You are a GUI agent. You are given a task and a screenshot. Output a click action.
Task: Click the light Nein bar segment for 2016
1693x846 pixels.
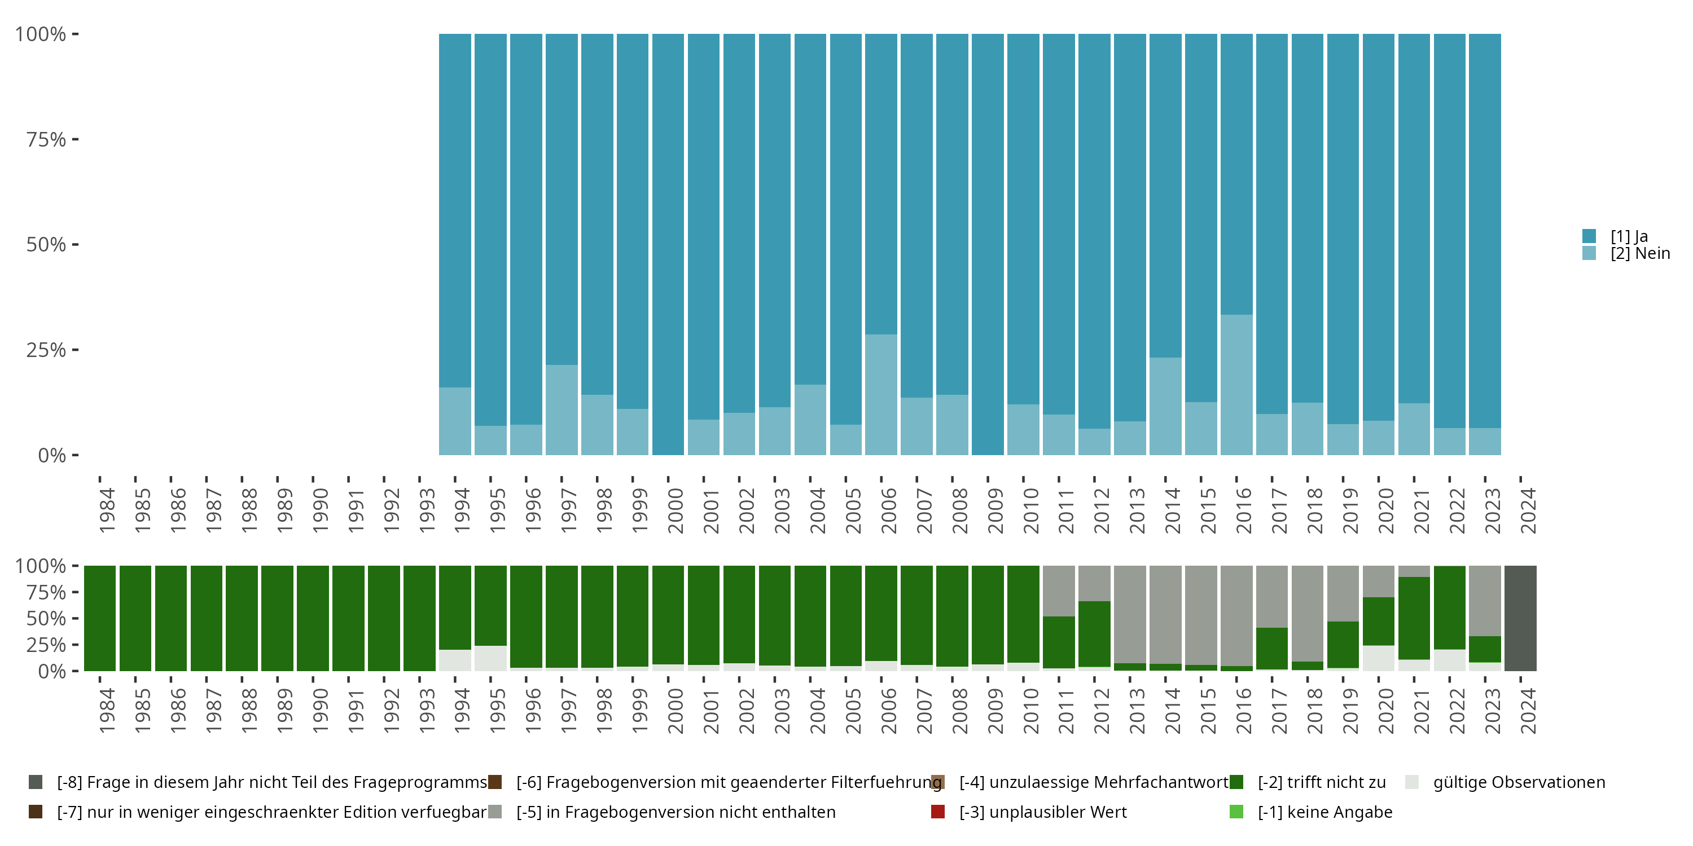coord(1236,385)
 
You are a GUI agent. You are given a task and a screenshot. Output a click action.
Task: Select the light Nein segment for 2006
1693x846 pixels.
coord(881,395)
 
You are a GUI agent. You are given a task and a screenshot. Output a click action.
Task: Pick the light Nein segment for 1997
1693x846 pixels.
coord(562,410)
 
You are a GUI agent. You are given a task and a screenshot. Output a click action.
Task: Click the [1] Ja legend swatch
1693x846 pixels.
coord(1589,236)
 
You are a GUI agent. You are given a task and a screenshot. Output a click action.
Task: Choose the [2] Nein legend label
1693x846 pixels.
coord(1640,254)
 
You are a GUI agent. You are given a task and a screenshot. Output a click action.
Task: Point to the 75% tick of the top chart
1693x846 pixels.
coord(75,139)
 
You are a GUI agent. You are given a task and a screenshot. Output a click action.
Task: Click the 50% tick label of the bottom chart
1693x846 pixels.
coord(46,619)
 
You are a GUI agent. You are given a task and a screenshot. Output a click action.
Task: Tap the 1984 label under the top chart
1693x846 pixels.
coord(107,510)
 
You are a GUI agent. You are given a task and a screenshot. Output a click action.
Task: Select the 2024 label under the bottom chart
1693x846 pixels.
coord(1528,711)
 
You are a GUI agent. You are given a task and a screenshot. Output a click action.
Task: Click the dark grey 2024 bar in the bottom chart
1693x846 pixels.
coord(1520,618)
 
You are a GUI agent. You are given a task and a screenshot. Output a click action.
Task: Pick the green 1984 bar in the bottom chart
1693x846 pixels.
coord(100,618)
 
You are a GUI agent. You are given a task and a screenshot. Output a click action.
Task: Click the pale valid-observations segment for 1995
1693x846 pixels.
coord(490,658)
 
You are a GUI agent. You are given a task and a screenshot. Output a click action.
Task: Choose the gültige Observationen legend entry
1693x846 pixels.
coord(1518,782)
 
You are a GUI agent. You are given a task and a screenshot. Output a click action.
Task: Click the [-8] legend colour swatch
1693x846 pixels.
coord(36,782)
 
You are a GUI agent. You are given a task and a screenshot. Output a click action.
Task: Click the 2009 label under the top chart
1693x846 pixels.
coord(995,510)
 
